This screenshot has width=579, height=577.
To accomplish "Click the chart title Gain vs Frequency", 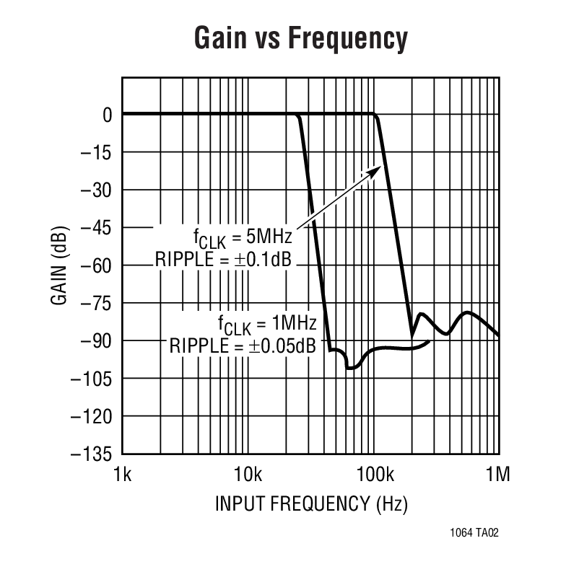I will tap(300, 38).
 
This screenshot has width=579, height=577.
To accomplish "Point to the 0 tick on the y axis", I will tap(107, 115).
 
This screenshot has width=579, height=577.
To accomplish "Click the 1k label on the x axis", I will tap(123, 475).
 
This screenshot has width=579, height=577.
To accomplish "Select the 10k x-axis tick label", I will tap(248, 475).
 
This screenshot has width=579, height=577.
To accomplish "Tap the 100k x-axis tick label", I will tap(373, 475).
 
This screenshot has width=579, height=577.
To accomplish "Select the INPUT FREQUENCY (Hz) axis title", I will tap(310, 503).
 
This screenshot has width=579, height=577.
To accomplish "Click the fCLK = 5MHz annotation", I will tap(241, 237).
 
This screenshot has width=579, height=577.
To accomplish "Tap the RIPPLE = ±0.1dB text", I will tap(223, 260).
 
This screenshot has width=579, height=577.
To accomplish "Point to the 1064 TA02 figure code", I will tap(474, 534).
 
